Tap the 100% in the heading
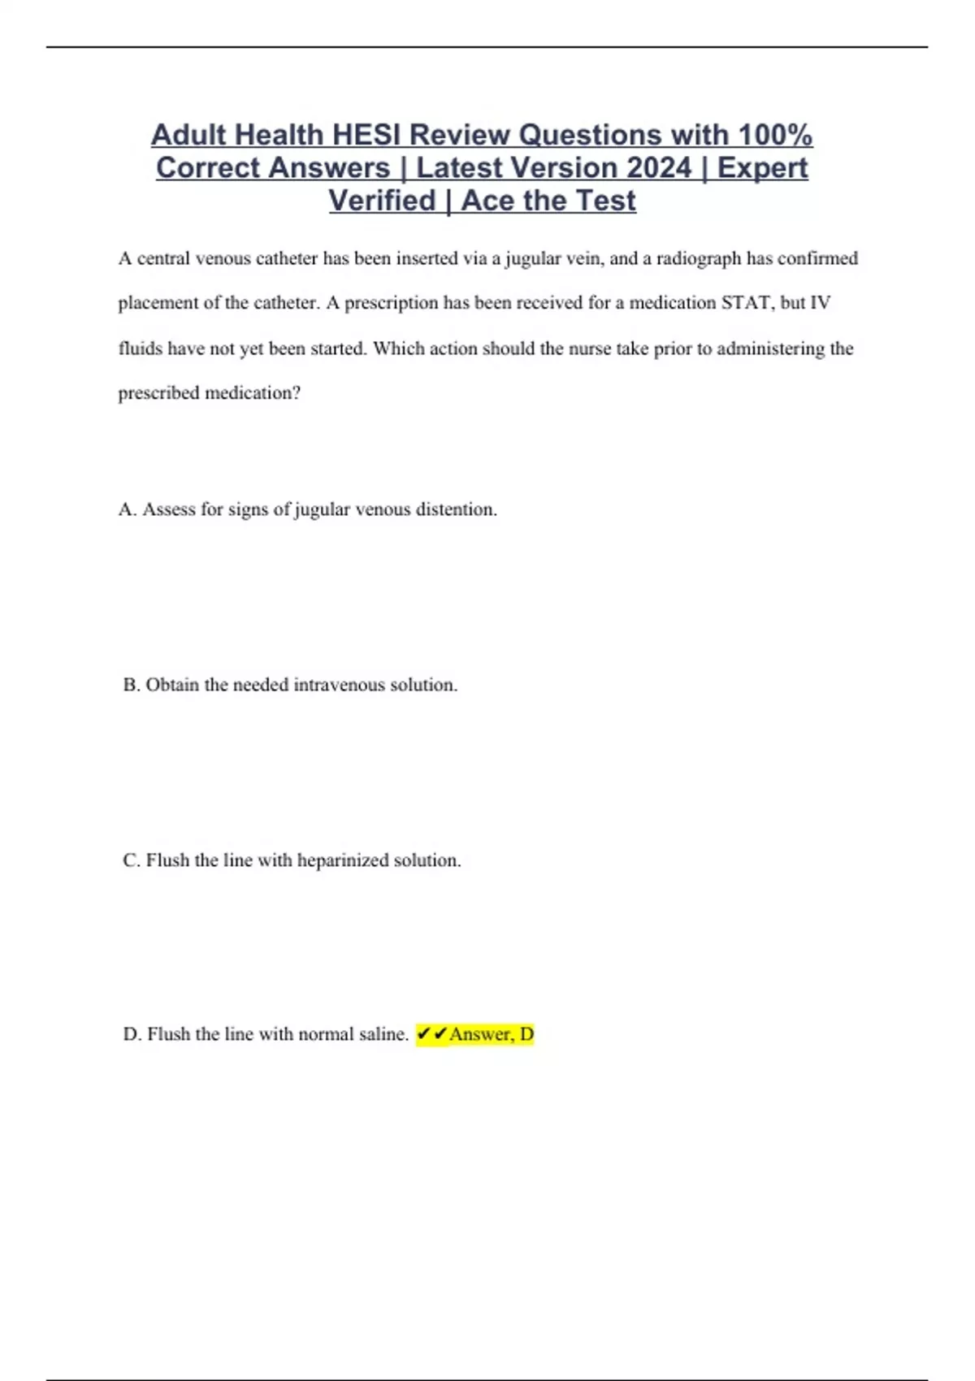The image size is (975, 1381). click(x=775, y=135)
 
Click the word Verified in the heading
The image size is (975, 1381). click(x=382, y=201)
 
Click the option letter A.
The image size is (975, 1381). click(x=127, y=509)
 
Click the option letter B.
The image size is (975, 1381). click(x=131, y=685)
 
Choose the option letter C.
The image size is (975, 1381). click(x=131, y=860)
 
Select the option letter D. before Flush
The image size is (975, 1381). click(x=132, y=1034)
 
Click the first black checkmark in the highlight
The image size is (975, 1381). click(x=423, y=1034)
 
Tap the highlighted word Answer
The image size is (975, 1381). click(x=481, y=1034)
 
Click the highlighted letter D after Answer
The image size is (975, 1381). click(x=526, y=1034)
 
